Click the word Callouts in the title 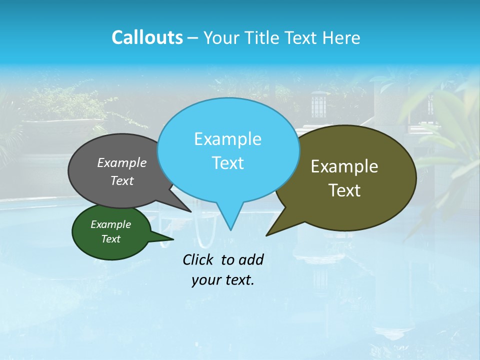(147, 37)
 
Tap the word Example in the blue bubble (227, 139)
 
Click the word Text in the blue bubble (227, 163)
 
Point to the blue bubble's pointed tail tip (230, 230)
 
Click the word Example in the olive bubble (344, 166)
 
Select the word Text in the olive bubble (344, 190)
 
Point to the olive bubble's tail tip (266, 235)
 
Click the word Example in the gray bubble (122, 162)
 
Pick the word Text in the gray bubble (122, 180)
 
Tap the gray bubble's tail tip (191, 212)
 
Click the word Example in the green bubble (110, 224)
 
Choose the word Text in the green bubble (110, 239)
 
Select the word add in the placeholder (251, 259)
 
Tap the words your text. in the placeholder (223, 280)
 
